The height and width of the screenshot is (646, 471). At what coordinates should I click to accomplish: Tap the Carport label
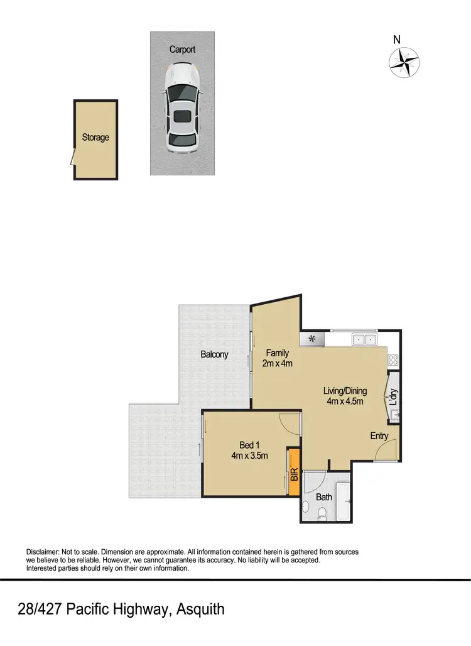coord(182,49)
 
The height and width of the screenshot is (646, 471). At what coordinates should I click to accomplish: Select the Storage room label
coord(95,137)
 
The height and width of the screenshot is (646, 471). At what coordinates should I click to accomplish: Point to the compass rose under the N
coord(404,62)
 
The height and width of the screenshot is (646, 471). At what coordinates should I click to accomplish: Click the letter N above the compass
coord(397,40)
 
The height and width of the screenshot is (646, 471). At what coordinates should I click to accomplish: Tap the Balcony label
coord(214,354)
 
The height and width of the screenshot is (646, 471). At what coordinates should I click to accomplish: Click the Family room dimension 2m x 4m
coord(277,363)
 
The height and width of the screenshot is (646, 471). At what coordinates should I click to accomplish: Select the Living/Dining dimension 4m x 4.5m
coord(345,401)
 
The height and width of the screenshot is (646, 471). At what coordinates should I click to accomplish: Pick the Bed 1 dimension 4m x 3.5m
coord(249,456)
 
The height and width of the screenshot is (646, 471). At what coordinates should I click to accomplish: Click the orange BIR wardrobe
coord(293,473)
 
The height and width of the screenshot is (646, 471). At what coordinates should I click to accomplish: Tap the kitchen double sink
coord(364,340)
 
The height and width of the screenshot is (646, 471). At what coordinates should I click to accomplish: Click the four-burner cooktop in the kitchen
coord(394,360)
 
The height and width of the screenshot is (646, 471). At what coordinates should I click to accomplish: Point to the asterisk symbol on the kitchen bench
coord(311,340)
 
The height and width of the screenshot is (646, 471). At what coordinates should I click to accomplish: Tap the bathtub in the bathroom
coord(343,501)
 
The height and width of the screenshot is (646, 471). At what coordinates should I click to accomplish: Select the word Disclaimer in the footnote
coord(41,552)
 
